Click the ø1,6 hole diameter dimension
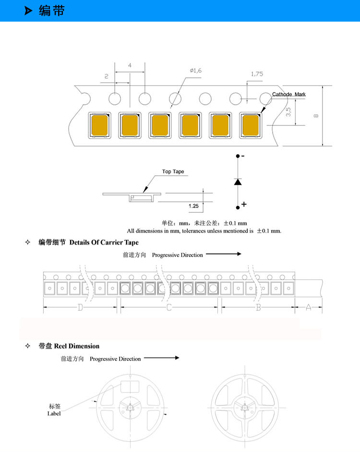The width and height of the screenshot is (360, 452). click(x=196, y=71)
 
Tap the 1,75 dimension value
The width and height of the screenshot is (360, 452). click(x=257, y=74)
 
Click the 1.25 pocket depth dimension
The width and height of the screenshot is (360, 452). click(x=193, y=206)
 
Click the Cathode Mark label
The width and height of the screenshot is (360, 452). click(x=288, y=94)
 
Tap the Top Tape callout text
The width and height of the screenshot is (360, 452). click(x=173, y=171)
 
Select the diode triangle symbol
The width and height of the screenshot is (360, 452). click(x=238, y=182)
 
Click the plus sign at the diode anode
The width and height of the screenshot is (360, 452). click(x=244, y=205)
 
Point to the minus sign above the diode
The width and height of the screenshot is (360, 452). click(x=243, y=156)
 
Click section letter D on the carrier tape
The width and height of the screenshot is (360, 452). click(x=80, y=307)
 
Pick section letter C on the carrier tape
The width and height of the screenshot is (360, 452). click(x=169, y=307)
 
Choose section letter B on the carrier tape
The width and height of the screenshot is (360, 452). click(x=258, y=307)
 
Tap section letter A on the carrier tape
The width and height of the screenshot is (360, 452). click(x=308, y=307)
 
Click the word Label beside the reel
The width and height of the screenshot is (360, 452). click(x=54, y=414)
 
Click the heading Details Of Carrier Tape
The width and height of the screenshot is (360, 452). click(x=104, y=242)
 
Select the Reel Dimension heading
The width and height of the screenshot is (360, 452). click(x=76, y=346)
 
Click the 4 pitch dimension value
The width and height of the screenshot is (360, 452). click(x=130, y=65)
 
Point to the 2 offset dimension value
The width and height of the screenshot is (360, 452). click(x=106, y=76)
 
